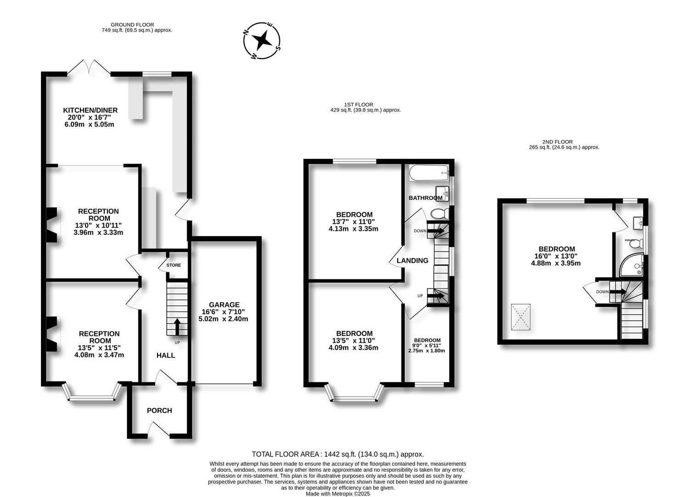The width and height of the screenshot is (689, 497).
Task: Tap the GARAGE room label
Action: click(x=224, y=305)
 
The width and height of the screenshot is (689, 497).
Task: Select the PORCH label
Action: click(x=159, y=410)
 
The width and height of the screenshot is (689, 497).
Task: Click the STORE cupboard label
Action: click(x=174, y=265)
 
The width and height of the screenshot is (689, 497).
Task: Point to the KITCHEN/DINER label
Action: click(x=90, y=110)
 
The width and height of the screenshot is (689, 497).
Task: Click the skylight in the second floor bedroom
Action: click(x=521, y=317)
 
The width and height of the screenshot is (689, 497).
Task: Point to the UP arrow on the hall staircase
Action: click(x=177, y=327)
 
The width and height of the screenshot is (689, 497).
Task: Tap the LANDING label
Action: click(x=412, y=260)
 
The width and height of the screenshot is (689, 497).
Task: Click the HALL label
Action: click(x=165, y=355)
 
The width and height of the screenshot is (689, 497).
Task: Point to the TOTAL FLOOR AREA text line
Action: click(x=337, y=454)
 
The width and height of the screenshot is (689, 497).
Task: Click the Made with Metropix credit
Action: click(x=337, y=494)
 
